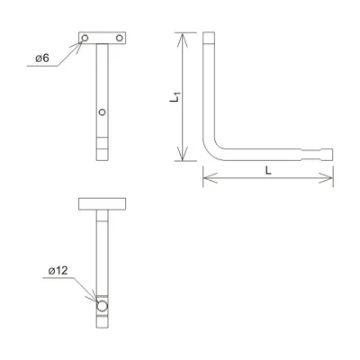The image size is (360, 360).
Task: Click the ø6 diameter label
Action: click(x=41, y=58)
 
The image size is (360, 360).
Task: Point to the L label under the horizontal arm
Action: click(x=269, y=170)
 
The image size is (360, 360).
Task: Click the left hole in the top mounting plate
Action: click(x=85, y=40)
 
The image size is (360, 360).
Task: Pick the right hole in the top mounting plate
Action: click(x=119, y=40)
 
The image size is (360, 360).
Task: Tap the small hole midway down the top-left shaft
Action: click(x=103, y=112)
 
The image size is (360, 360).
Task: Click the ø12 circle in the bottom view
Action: click(x=103, y=307)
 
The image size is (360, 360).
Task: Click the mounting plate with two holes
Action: click(x=102, y=40)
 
